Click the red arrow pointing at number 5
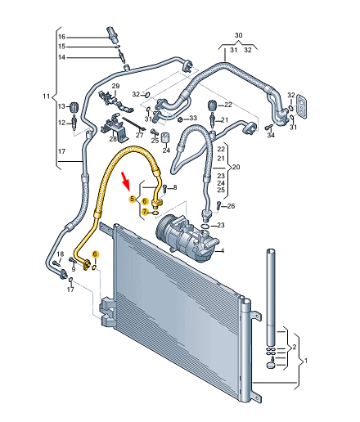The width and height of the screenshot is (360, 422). tap(126, 179)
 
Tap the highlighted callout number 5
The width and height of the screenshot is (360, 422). tap(133, 199)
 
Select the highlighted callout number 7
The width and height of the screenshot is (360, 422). tap(145, 212)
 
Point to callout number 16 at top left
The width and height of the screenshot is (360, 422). tap(61, 37)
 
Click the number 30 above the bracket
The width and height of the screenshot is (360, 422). tap(238, 35)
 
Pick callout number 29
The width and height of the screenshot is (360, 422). tap(115, 86)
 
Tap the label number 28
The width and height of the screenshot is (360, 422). tap(113, 139)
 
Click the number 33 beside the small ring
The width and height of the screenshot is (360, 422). tap(193, 118)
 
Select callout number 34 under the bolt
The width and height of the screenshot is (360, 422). tap(271, 135)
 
